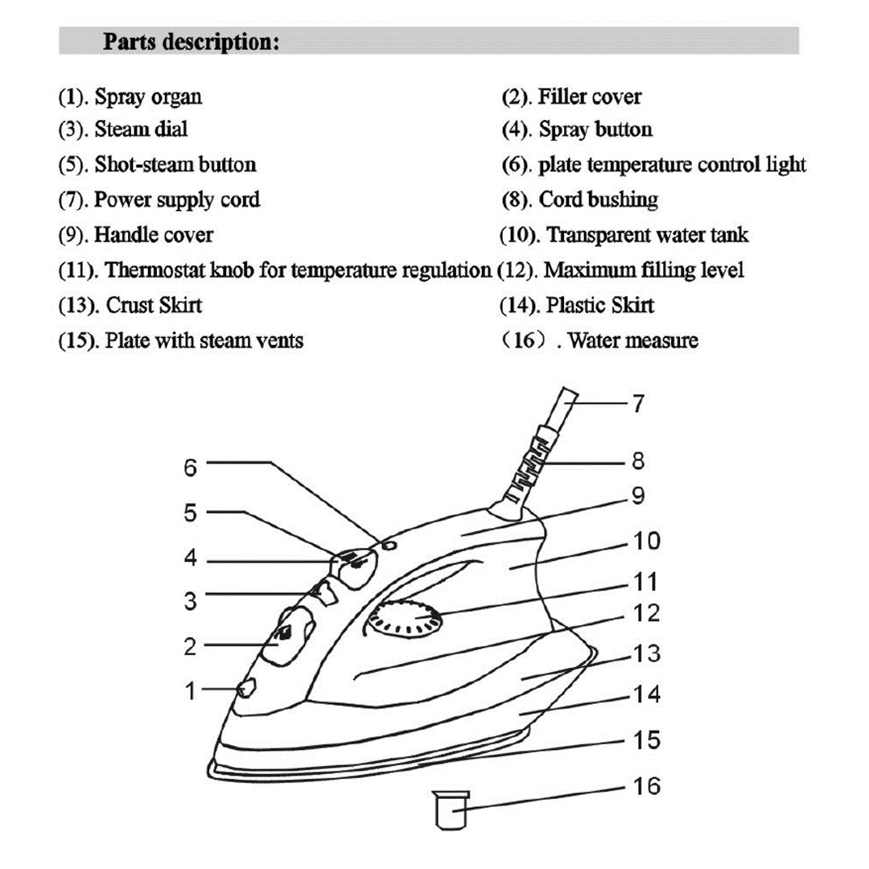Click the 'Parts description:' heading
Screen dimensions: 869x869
coord(191,42)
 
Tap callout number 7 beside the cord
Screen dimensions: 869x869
coord(637,403)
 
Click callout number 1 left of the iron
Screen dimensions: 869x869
coord(190,690)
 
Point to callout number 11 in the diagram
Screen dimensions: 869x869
coord(646,581)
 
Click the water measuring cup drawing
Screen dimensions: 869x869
coord(451,809)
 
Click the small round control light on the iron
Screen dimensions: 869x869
coord(390,545)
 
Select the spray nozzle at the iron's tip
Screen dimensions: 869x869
coord(245,689)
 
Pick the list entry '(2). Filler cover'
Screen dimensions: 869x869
coord(571,97)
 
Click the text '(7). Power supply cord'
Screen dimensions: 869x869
coord(159,199)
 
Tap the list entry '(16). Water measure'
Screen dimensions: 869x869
coord(599,340)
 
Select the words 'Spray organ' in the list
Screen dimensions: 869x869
coord(148,97)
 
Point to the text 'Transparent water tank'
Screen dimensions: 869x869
coord(647,235)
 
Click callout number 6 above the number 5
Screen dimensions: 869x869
coord(190,467)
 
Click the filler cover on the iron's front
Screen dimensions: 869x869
coord(286,636)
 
